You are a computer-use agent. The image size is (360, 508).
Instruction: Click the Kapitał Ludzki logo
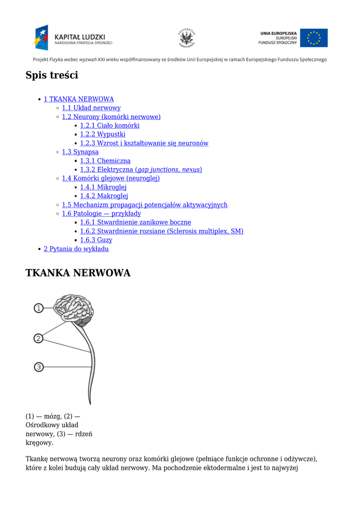pos(72,38)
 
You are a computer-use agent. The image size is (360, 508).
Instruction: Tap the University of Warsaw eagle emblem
pos(187,38)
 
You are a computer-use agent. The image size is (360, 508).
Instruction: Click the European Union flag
pos(314,38)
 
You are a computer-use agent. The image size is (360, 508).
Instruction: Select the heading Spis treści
pos(52,75)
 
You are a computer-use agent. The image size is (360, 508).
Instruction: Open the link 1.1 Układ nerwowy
pos(91,108)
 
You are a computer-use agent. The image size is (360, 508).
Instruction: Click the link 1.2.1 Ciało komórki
pos(110,126)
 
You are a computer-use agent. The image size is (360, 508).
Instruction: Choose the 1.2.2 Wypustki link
pos(102,134)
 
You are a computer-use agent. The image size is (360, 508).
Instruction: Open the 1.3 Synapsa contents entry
pos(80,152)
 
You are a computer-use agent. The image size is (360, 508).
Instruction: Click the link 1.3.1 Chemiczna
pos(105,161)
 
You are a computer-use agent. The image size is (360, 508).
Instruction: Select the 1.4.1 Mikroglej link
pos(103,187)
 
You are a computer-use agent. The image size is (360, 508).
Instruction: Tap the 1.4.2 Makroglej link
pos(104,196)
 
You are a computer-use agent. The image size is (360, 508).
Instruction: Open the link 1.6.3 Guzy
pos(96,240)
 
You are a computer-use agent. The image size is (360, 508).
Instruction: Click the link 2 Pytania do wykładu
pos(76,249)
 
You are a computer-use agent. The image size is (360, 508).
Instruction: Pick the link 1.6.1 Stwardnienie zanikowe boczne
pos(136,222)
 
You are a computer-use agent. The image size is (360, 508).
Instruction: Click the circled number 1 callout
pos(39,308)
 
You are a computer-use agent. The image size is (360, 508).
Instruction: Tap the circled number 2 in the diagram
pos(38,338)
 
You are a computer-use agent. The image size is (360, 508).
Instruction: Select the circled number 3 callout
pos(39,367)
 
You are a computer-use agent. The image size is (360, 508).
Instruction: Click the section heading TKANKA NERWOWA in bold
pos(78,273)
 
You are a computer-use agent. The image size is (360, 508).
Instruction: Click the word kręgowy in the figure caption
pos(40,443)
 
